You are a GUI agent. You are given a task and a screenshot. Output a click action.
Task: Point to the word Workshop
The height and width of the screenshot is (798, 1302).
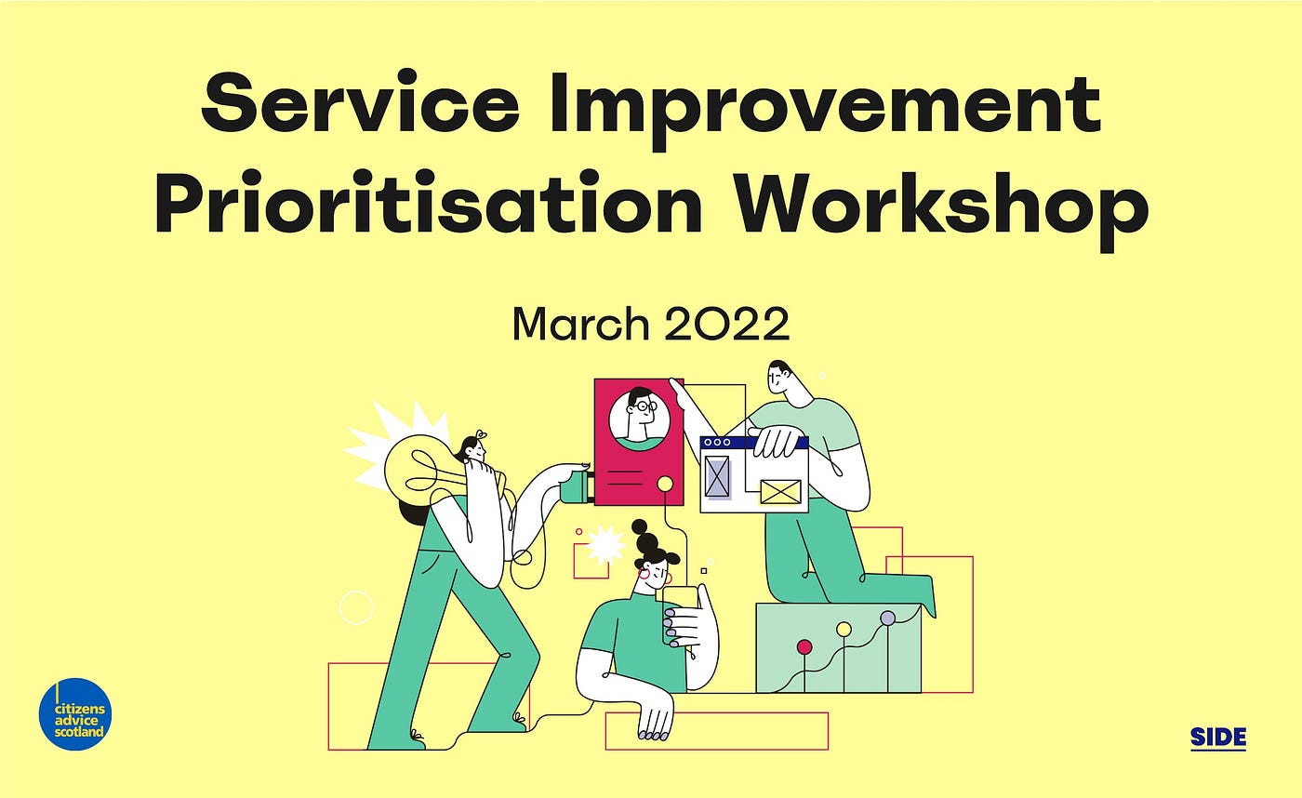[x=941, y=210]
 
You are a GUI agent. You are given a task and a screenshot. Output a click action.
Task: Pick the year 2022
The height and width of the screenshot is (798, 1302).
[x=726, y=324]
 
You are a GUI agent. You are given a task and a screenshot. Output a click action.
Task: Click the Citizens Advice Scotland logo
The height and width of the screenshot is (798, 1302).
[x=75, y=714]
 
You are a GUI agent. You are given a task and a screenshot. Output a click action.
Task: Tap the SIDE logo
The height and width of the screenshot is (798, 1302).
[x=1217, y=738]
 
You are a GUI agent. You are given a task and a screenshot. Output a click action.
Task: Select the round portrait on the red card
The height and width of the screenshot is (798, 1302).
[x=639, y=419]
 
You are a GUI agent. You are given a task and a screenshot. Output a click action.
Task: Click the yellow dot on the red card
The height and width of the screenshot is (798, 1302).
[x=665, y=485]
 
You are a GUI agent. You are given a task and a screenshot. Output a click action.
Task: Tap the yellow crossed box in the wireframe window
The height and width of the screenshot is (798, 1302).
[x=780, y=492]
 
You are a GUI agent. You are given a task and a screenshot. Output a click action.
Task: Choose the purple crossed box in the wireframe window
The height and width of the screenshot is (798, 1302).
[x=717, y=476]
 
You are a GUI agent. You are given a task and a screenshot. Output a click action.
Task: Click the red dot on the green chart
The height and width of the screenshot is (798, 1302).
[x=804, y=647]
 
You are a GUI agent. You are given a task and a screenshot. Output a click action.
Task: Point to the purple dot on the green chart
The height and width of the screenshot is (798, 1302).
[x=887, y=618]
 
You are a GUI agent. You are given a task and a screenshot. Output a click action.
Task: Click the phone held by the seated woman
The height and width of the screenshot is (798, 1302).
[x=679, y=613]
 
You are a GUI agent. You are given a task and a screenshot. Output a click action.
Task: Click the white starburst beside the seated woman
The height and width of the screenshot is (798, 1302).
[x=604, y=546]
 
